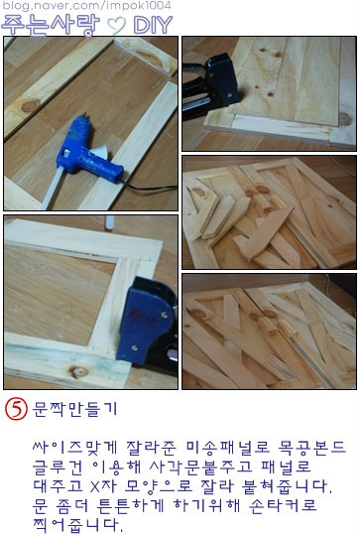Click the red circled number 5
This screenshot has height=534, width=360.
point(16,409)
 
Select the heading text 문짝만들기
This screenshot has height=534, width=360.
point(74,409)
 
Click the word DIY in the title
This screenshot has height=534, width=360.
point(153,25)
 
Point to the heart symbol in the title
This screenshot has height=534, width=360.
point(116,26)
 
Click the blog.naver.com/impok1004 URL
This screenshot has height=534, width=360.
point(86,5)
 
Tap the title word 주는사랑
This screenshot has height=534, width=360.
point(51,25)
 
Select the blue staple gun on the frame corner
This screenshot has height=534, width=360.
point(148,327)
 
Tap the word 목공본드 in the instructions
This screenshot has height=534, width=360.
point(312,447)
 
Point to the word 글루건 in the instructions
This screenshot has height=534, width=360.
point(58,467)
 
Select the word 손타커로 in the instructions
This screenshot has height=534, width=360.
point(283,506)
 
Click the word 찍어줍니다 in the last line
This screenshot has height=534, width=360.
point(77,525)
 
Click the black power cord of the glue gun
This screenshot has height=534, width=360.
point(150,188)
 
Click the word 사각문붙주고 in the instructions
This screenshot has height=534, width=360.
point(200,467)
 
